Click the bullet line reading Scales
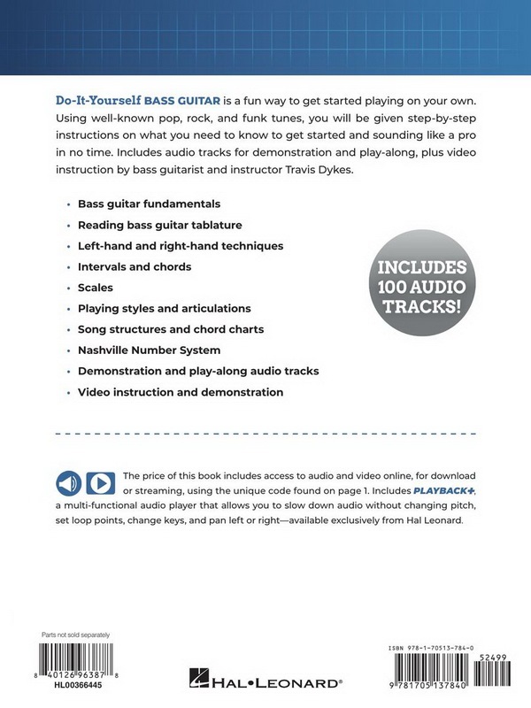coord(95,288)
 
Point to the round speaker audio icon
coord(68,483)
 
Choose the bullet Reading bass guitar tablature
coord(159,225)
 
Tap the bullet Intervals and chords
coord(135,266)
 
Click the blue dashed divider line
coord(265,435)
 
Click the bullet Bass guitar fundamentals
coord(149,204)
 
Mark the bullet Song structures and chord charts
coord(171,329)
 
